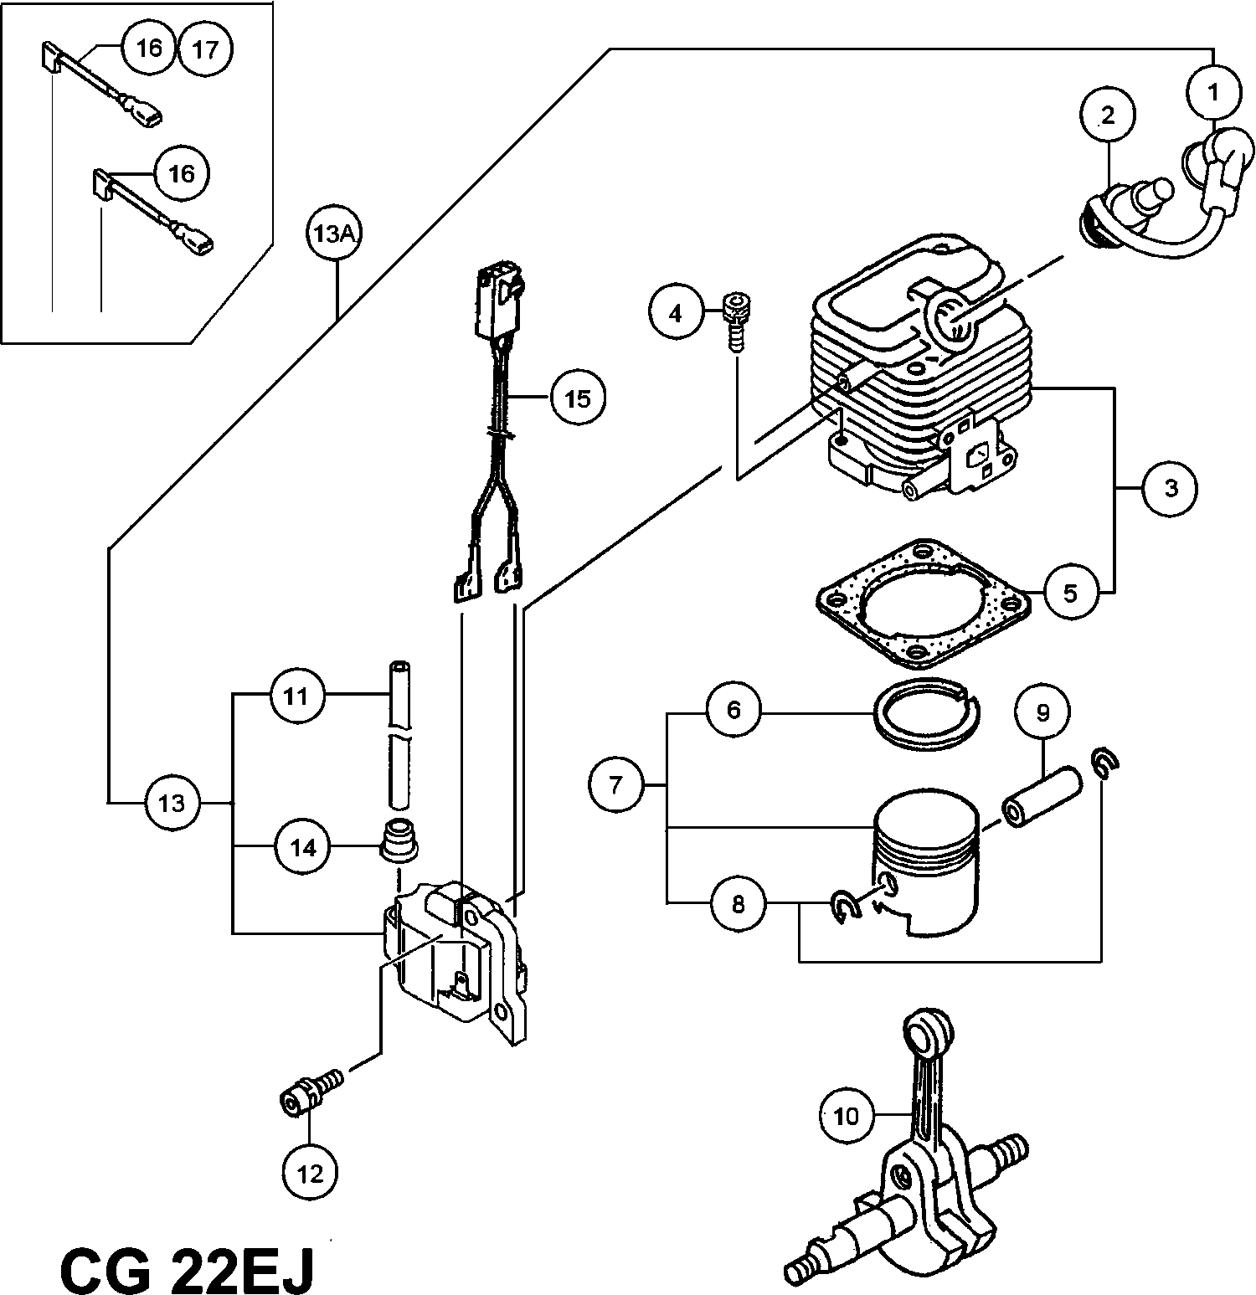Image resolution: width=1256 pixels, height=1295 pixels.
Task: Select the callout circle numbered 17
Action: click(205, 49)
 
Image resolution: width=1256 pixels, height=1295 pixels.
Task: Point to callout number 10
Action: click(847, 1115)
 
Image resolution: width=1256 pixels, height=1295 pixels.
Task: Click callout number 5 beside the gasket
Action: click(1070, 593)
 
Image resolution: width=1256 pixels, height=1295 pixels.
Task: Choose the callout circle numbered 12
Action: click(310, 1173)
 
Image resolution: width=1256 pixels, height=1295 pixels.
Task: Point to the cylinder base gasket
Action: click(921, 603)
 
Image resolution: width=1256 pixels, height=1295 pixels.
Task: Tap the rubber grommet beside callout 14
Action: click(400, 842)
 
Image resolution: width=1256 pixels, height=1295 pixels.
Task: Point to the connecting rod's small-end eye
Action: click(928, 1030)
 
